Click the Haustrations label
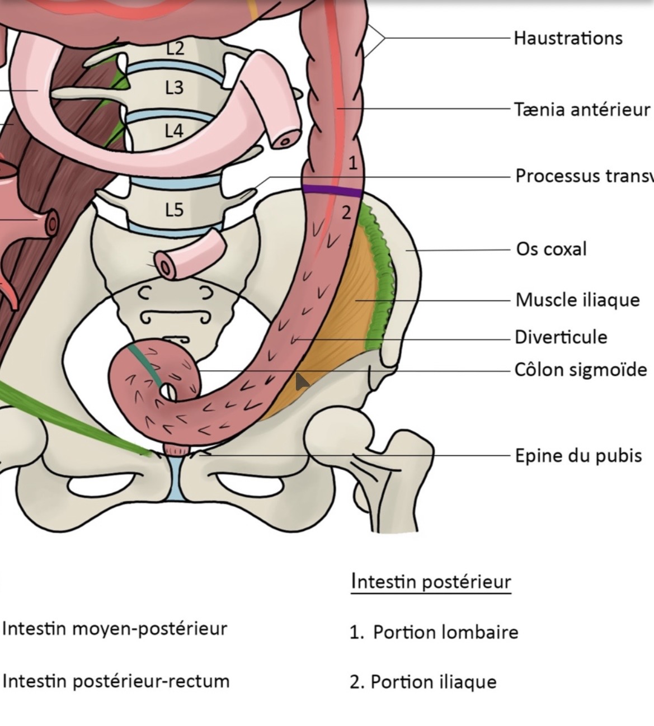point(567,38)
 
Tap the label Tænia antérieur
point(582,109)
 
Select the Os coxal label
point(551,249)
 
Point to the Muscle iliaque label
point(577,300)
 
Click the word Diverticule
point(561,337)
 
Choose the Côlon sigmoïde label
point(581,370)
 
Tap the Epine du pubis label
point(578,455)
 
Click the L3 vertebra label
point(174,88)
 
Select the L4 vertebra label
point(174,131)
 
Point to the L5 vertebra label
point(174,210)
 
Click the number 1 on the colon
point(352,163)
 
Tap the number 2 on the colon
point(347,213)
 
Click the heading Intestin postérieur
point(431,582)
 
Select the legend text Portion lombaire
point(445,633)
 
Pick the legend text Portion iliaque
point(433,682)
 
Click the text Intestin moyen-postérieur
point(115,629)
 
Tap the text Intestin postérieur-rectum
point(116,681)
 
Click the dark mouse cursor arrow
point(302,382)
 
